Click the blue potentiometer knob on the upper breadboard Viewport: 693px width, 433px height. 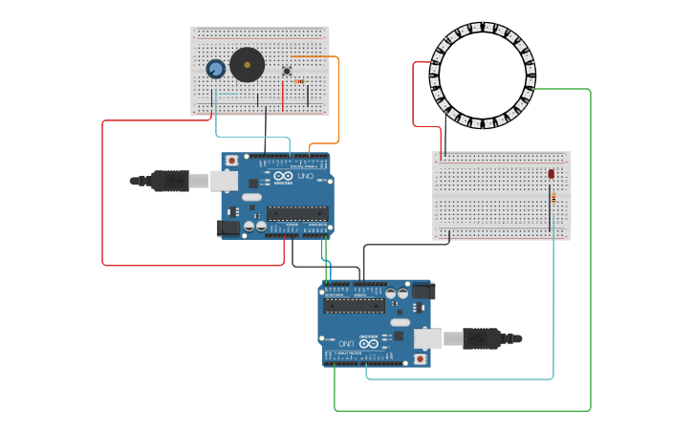click(215, 69)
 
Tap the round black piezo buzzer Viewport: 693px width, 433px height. click(247, 65)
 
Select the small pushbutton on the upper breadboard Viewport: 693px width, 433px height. click(287, 71)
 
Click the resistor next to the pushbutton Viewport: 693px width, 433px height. click(299, 82)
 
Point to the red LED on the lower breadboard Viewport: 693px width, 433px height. click(552, 174)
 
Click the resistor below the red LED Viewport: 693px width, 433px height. click(552, 198)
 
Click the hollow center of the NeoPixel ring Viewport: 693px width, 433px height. click(483, 75)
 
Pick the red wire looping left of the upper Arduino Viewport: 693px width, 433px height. click(102, 191)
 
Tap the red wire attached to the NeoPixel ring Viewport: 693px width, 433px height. click(414, 96)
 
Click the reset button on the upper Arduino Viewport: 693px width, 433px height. click(231, 161)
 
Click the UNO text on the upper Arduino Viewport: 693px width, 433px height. click(306, 177)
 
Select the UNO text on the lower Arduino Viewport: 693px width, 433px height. click(346, 342)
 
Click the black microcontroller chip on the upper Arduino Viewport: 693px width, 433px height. click(297, 213)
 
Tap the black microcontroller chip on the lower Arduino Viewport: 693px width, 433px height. click(354, 306)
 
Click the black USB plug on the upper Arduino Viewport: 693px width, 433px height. click(170, 180)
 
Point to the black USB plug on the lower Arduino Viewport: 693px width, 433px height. click(482, 338)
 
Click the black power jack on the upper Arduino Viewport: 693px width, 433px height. click(228, 227)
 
